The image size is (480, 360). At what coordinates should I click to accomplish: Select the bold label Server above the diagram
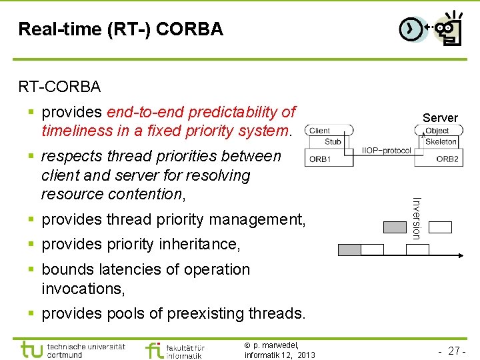(440, 118)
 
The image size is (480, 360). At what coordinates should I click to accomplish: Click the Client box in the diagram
(320, 131)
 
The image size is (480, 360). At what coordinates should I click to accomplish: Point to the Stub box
(333, 141)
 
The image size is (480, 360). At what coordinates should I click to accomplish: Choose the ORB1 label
(320, 159)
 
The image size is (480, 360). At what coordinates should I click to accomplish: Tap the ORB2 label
(447, 159)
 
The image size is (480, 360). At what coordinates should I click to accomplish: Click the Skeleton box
(441, 141)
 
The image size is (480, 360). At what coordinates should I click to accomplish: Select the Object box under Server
(437, 131)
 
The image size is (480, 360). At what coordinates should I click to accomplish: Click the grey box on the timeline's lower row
(350, 250)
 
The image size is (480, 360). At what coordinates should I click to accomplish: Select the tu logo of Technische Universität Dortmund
(32, 349)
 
